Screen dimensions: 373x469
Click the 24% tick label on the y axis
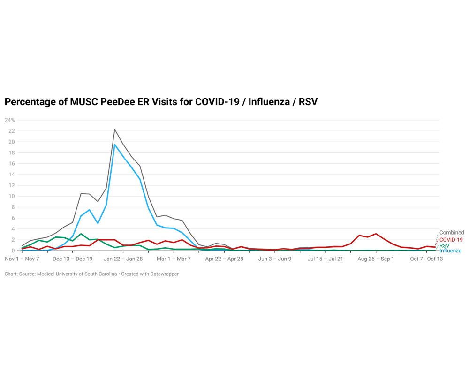[x=10, y=120]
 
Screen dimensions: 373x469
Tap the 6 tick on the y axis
[x=13, y=218]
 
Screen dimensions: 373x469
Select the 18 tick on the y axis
[x=12, y=152]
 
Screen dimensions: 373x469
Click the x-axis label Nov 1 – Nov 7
[x=22, y=259]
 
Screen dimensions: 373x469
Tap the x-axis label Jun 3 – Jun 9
[x=274, y=259]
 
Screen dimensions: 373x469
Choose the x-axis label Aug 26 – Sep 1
[x=376, y=259]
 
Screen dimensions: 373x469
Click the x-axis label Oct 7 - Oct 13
[x=426, y=259]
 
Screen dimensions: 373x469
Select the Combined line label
[x=452, y=233]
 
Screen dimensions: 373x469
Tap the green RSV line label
[x=445, y=245]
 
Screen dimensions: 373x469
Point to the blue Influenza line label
[x=450, y=251]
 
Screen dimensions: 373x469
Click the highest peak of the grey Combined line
[x=115, y=129]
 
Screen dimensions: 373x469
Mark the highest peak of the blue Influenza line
[x=115, y=145]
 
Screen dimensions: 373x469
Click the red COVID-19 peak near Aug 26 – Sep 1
[x=376, y=234]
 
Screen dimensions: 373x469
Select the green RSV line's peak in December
[x=81, y=234]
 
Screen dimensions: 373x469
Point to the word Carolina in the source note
[x=104, y=274]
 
